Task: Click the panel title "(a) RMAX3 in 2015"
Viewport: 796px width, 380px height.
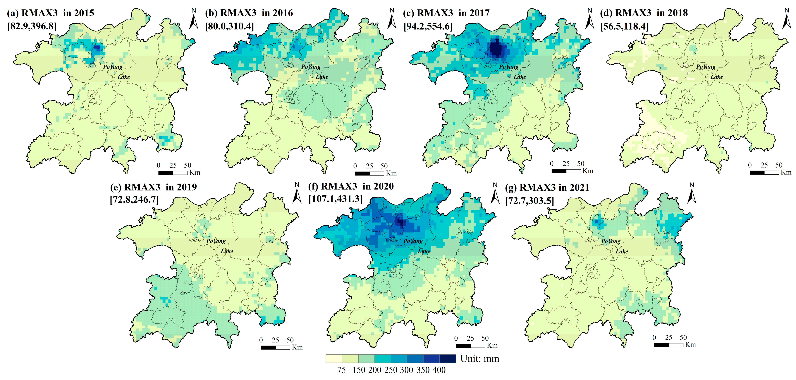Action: tap(50, 13)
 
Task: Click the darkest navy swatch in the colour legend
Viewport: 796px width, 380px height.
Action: tap(447, 358)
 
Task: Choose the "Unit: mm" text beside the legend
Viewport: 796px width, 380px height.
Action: tap(480, 359)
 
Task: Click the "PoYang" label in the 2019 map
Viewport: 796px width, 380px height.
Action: tap(216, 241)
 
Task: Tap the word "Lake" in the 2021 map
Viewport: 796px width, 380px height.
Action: tap(622, 251)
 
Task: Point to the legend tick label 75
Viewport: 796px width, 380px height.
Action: tap(341, 370)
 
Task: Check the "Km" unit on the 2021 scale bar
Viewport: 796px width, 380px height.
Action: tap(690, 345)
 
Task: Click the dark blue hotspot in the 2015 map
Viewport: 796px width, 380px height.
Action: tap(97, 48)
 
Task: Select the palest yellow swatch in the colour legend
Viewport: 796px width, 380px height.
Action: tap(334, 358)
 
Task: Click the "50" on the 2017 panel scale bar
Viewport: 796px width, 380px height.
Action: tap(581, 163)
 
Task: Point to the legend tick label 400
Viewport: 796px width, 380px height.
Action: tap(439, 370)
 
